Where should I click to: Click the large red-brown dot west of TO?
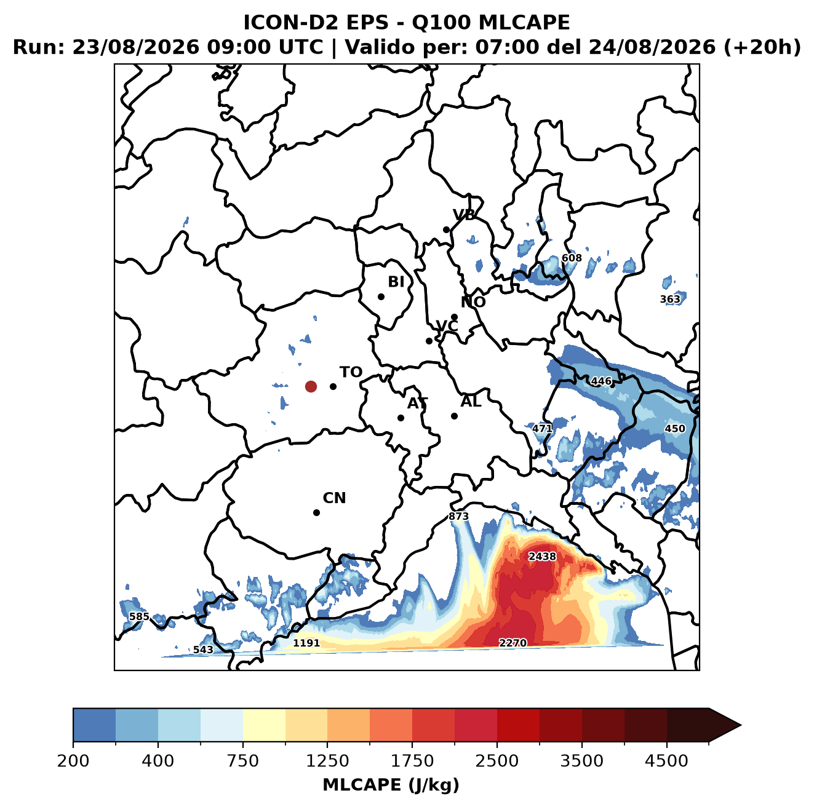311,386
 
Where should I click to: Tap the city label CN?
334,498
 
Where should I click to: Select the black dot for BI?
381,297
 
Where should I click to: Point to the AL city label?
471,402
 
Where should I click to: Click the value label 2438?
543,557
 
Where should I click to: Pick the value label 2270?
513,643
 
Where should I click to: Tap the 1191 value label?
306,643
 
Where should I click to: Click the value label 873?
458,517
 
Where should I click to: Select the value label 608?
572,258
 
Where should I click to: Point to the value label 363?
670,300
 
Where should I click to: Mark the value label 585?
139,616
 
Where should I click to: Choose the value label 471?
542,429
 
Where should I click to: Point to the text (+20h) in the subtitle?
762,47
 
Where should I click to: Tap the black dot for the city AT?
401,418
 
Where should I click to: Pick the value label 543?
203,650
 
